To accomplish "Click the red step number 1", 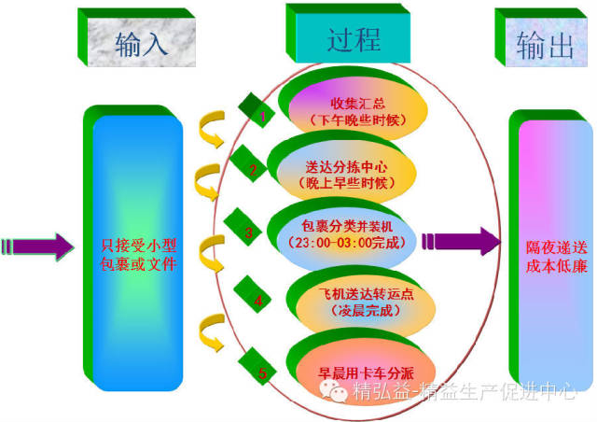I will tap(263, 118).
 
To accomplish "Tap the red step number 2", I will tap(252, 170).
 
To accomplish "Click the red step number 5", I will tap(262, 373).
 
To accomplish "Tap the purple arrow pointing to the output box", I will tap(462, 241).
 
